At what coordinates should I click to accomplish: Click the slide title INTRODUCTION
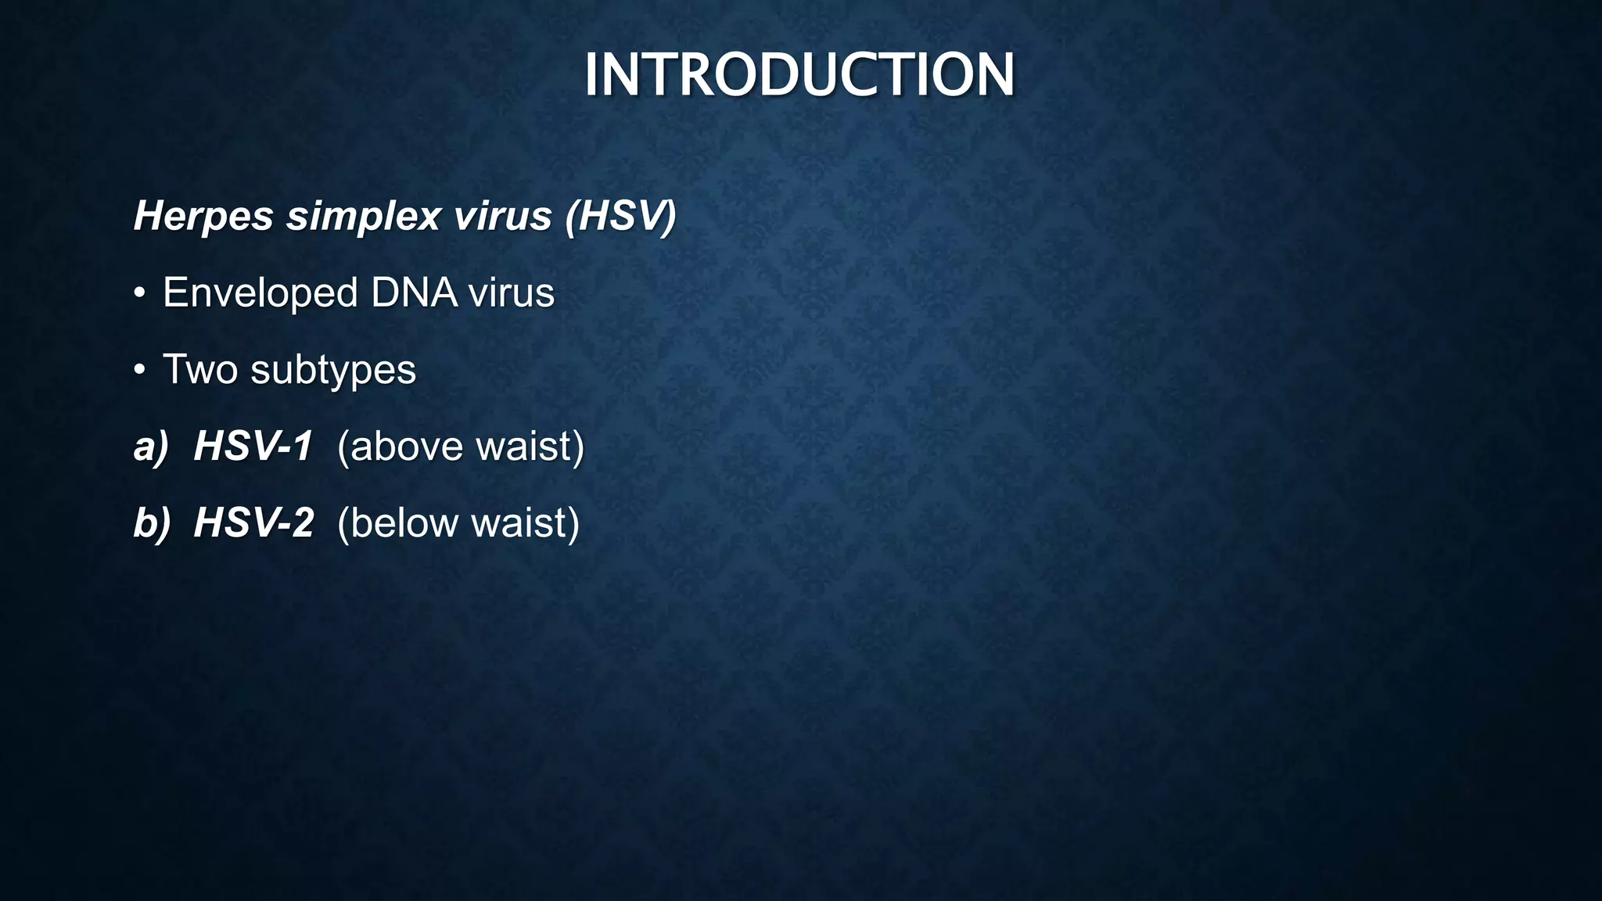pos(799,75)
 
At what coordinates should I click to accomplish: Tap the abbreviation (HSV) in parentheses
pos(620,216)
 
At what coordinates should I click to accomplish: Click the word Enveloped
pos(260,293)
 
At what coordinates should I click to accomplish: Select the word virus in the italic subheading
pos(502,216)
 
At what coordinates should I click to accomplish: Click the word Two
pos(199,369)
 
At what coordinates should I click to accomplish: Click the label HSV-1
pos(253,447)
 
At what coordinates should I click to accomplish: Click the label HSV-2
pos(253,523)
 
